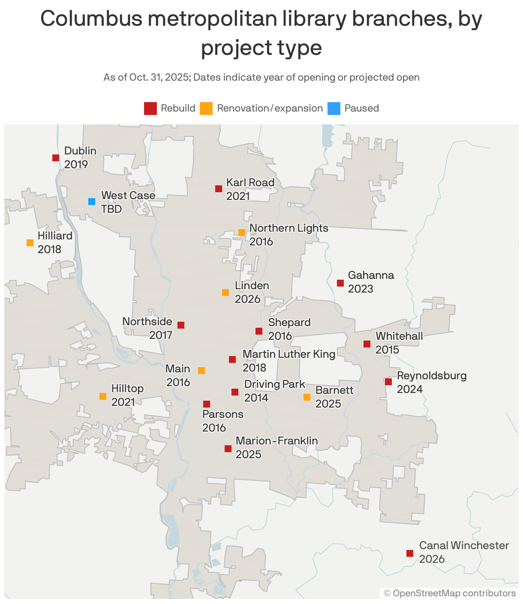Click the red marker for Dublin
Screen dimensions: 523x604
coord(56,158)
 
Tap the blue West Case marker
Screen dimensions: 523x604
coord(92,202)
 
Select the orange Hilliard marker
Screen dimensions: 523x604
coord(30,243)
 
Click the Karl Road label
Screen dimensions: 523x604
coord(250,183)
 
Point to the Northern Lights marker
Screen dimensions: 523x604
coord(242,233)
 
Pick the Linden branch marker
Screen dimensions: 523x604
coord(225,293)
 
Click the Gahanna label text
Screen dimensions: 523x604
coord(371,275)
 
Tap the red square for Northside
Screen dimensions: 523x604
coord(181,325)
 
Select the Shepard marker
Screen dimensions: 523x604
coord(259,331)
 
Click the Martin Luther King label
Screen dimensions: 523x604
coord(289,354)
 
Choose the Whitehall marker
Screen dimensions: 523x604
coord(367,344)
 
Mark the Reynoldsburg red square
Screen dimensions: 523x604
coord(388,382)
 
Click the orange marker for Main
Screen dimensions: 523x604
coord(201,371)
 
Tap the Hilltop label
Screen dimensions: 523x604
coord(127,389)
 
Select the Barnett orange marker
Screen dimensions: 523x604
coord(307,397)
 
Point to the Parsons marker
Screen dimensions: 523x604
coord(207,404)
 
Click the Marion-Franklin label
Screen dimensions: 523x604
coord(277,441)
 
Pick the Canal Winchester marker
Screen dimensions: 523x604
coord(410,553)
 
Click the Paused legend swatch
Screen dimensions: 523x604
coord(334,109)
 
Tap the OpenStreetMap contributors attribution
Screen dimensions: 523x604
coord(450,593)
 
